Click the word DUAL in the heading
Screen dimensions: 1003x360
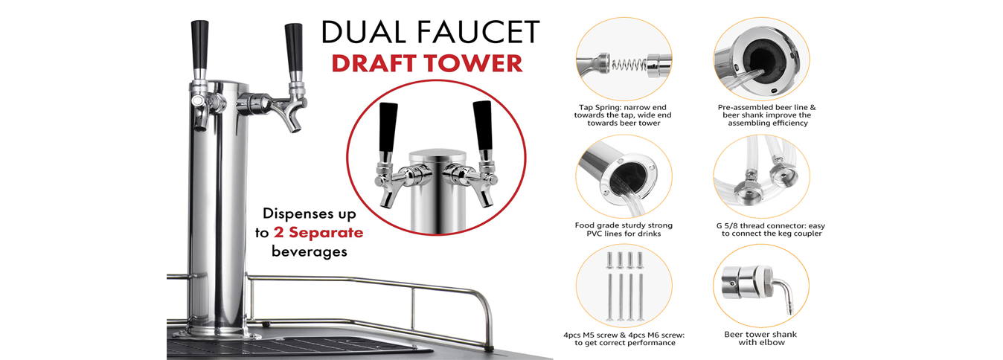coord(363,32)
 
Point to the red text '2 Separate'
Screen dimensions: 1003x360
coord(318,232)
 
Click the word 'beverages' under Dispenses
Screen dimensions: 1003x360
coord(310,251)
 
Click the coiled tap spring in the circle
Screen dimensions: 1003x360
coord(628,65)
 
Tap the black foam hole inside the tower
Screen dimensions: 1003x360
coord(763,57)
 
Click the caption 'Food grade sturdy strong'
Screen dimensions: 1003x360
coord(624,225)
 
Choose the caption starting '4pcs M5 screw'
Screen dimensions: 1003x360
coord(624,335)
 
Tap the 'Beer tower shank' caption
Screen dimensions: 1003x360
coord(760,335)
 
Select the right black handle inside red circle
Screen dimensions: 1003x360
coord(483,126)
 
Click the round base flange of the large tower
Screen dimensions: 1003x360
coord(217,333)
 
